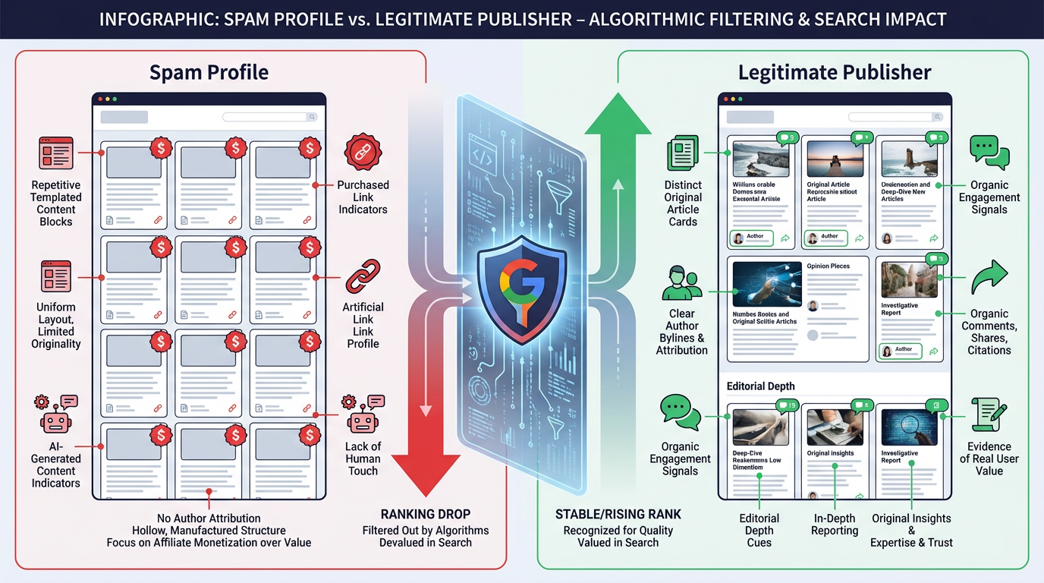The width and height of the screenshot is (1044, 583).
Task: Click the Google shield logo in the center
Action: point(521,291)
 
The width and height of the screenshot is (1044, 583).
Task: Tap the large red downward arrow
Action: point(426,455)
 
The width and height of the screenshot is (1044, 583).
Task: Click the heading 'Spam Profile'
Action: point(209,72)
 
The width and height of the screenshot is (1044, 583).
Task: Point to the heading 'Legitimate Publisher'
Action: point(835,72)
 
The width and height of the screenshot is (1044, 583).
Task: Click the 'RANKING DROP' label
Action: point(426,514)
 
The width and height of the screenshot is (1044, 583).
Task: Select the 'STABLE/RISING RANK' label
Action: point(618,514)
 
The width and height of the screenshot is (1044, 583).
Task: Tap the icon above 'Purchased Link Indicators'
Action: point(363,153)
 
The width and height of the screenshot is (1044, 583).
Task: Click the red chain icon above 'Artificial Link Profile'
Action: point(363,276)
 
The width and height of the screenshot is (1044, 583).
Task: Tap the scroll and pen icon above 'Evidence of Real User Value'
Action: point(989,414)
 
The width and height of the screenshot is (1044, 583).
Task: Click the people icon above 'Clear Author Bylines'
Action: point(681,283)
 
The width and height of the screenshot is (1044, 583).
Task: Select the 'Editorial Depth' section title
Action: point(761,386)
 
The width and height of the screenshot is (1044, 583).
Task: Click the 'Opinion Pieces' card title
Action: point(828,266)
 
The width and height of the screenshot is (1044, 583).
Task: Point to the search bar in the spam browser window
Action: point(269,117)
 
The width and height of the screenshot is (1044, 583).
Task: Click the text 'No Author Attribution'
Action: point(209,518)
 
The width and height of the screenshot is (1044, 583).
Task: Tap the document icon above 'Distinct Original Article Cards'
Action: point(682,153)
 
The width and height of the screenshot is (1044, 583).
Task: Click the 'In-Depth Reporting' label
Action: point(834,525)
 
